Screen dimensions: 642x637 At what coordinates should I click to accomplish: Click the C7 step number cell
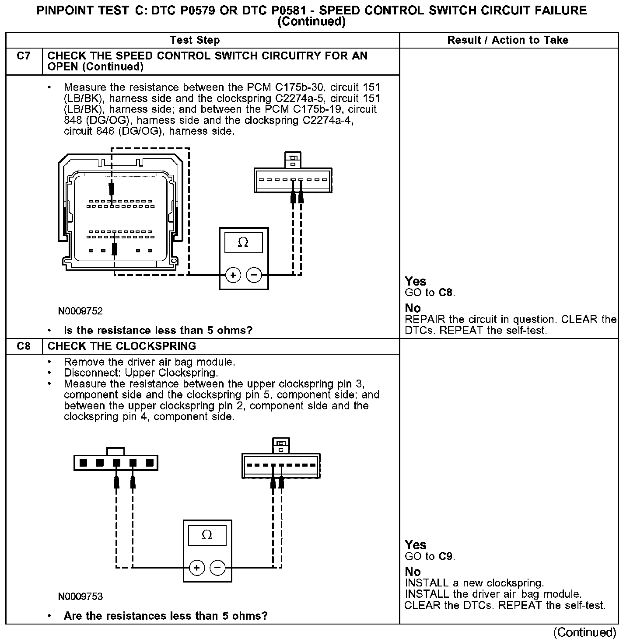(x=24, y=56)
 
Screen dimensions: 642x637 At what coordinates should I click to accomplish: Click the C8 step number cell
(x=24, y=346)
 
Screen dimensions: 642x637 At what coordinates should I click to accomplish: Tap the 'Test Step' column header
(x=195, y=40)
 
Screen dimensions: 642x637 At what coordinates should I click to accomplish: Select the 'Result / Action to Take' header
(x=507, y=40)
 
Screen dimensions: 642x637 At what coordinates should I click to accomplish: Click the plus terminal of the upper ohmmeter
(x=233, y=275)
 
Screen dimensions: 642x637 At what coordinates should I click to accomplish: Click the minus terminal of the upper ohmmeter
(x=254, y=275)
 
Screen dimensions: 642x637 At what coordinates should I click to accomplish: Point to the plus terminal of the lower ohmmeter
(x=197, y=568)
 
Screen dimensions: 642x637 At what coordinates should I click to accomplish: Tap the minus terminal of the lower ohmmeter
(x=218, y=568)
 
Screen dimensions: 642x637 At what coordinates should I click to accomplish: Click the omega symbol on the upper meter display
(x=243, y=242)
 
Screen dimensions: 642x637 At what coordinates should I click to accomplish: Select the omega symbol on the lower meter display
(x=207, y=535)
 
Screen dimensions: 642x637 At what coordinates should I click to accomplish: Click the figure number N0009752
(x=80, y=311)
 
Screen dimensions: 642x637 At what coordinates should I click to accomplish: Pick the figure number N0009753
(x=80, y=597)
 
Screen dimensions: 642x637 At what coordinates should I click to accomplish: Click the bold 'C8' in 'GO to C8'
(x=446, y=293)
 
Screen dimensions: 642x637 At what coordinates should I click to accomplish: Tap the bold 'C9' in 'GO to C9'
(x=446, y=556)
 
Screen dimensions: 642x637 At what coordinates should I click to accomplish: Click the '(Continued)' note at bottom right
(x=584, y=632)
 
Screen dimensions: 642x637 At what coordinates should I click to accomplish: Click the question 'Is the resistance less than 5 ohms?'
(x=158, y=330)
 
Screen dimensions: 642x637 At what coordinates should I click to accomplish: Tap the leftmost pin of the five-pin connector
(x=83, y=463)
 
